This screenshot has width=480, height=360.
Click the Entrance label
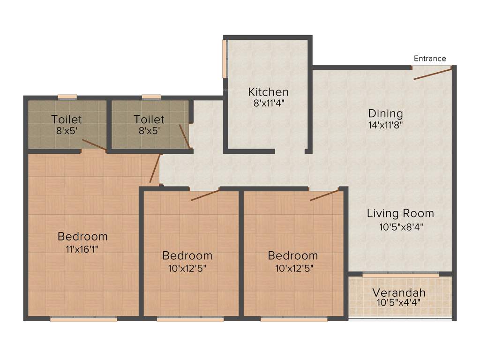pos(430,59)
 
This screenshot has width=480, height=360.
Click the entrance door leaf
pos(433,73)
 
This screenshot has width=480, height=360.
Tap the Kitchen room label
pos(268,92)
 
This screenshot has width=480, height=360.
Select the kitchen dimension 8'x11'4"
pos(268,103)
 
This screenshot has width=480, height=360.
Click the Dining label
pos(385,114)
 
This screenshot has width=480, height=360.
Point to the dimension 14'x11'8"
pos(385,125)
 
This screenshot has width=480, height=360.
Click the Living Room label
pos(400,214)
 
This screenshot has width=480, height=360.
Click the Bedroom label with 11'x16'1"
pos(82,236)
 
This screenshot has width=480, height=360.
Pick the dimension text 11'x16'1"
pos(82,248)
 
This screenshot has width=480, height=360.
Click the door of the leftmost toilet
pos(94,145)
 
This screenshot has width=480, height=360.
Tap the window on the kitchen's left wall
pos(225,59)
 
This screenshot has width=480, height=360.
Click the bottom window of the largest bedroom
pos(83,320)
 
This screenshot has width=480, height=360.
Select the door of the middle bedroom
pos(205,195)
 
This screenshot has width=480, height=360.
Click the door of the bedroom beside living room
pos(324,195)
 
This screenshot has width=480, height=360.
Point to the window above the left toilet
pos(67,97)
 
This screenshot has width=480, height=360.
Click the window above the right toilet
pos(151,97)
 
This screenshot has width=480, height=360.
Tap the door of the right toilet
pos(184,136)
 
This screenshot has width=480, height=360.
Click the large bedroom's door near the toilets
pos(154,169)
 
